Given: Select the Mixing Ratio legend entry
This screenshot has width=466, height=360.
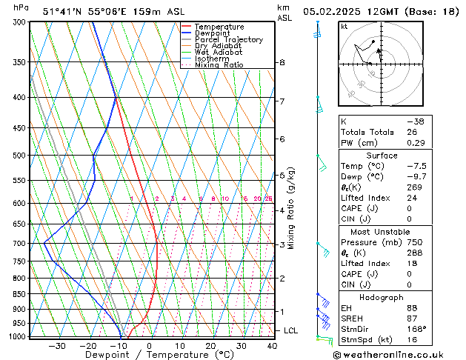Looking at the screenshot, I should pos(219,65).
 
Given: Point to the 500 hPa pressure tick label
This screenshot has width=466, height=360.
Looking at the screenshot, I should pos(21,156).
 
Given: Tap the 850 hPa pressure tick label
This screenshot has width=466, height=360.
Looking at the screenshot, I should pos(21,294).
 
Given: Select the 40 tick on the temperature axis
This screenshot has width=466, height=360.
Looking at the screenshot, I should pos(272,346).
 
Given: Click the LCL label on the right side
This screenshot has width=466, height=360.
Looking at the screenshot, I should pos(290,330).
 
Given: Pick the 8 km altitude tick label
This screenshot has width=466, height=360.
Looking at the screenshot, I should pos(282,63).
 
